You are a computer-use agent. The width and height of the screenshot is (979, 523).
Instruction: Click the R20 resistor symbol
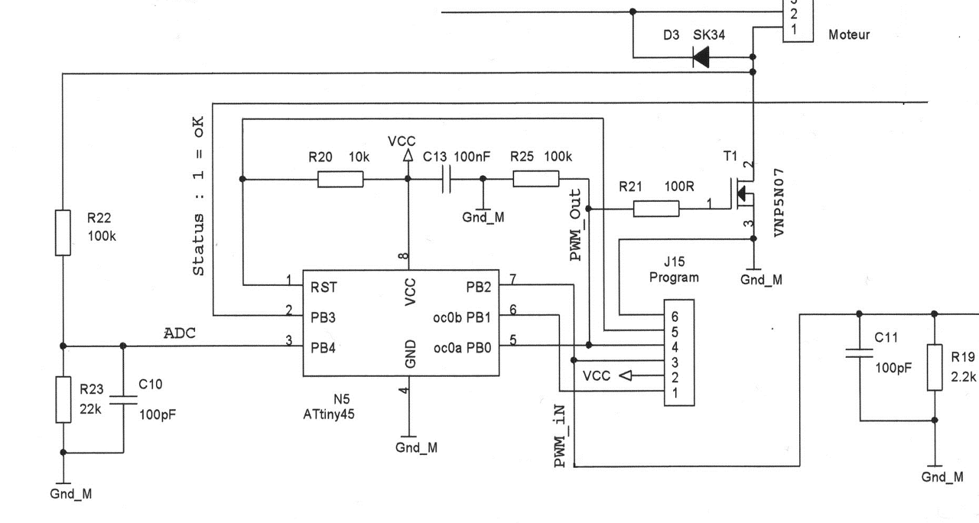(340, 180)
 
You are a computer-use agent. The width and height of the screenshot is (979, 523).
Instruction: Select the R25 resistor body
(536, 179)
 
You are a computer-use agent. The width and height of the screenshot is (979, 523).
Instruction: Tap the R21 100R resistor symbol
(656, 209)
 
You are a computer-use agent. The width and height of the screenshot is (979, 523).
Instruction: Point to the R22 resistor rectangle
(63, 233)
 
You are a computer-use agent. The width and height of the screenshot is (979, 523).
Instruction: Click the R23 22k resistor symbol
(63, 400)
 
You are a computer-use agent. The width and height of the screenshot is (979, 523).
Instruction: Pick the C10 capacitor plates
(123, 400)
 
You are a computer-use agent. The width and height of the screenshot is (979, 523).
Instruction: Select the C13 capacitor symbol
(446, 179)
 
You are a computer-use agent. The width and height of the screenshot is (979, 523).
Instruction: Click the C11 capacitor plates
(859, 353)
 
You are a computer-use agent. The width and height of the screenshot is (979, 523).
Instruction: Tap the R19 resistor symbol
(935, 368)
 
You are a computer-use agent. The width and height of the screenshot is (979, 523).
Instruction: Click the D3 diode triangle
(701, 57)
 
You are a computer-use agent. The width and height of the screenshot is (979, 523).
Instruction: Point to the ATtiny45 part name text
(329, 414)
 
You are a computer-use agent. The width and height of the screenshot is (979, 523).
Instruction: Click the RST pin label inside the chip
(324, 287)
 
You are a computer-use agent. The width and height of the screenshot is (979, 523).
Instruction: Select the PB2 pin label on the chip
(479, 287)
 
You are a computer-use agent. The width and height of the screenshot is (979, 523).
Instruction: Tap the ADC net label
(180, 333)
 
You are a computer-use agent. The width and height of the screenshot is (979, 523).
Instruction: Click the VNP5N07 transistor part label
(779, 203)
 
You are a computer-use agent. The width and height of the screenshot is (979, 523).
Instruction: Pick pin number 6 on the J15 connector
(675, 317)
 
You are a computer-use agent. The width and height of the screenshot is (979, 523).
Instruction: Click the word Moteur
(849, 35)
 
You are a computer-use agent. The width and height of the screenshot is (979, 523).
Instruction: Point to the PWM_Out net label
(576, 225)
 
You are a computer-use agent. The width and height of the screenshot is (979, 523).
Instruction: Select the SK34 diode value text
(709, 35)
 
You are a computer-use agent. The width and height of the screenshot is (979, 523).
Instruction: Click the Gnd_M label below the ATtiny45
(416, 448)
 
